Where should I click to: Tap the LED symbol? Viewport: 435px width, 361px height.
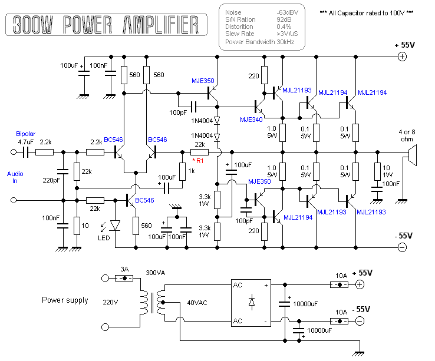(115, 224)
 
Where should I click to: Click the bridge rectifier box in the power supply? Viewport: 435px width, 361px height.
(251, 302)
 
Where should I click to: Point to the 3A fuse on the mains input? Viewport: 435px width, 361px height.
(124, 277)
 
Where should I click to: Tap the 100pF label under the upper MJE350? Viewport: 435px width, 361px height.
(178, 112)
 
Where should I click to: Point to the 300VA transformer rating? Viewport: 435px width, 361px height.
(156, 273)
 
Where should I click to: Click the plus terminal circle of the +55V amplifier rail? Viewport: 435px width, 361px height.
(402, 57)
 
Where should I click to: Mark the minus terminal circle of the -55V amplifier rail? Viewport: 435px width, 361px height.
(402, 248)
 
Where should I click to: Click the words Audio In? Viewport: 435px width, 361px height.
(16, 178)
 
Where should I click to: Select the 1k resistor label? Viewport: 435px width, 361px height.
(191, 171)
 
